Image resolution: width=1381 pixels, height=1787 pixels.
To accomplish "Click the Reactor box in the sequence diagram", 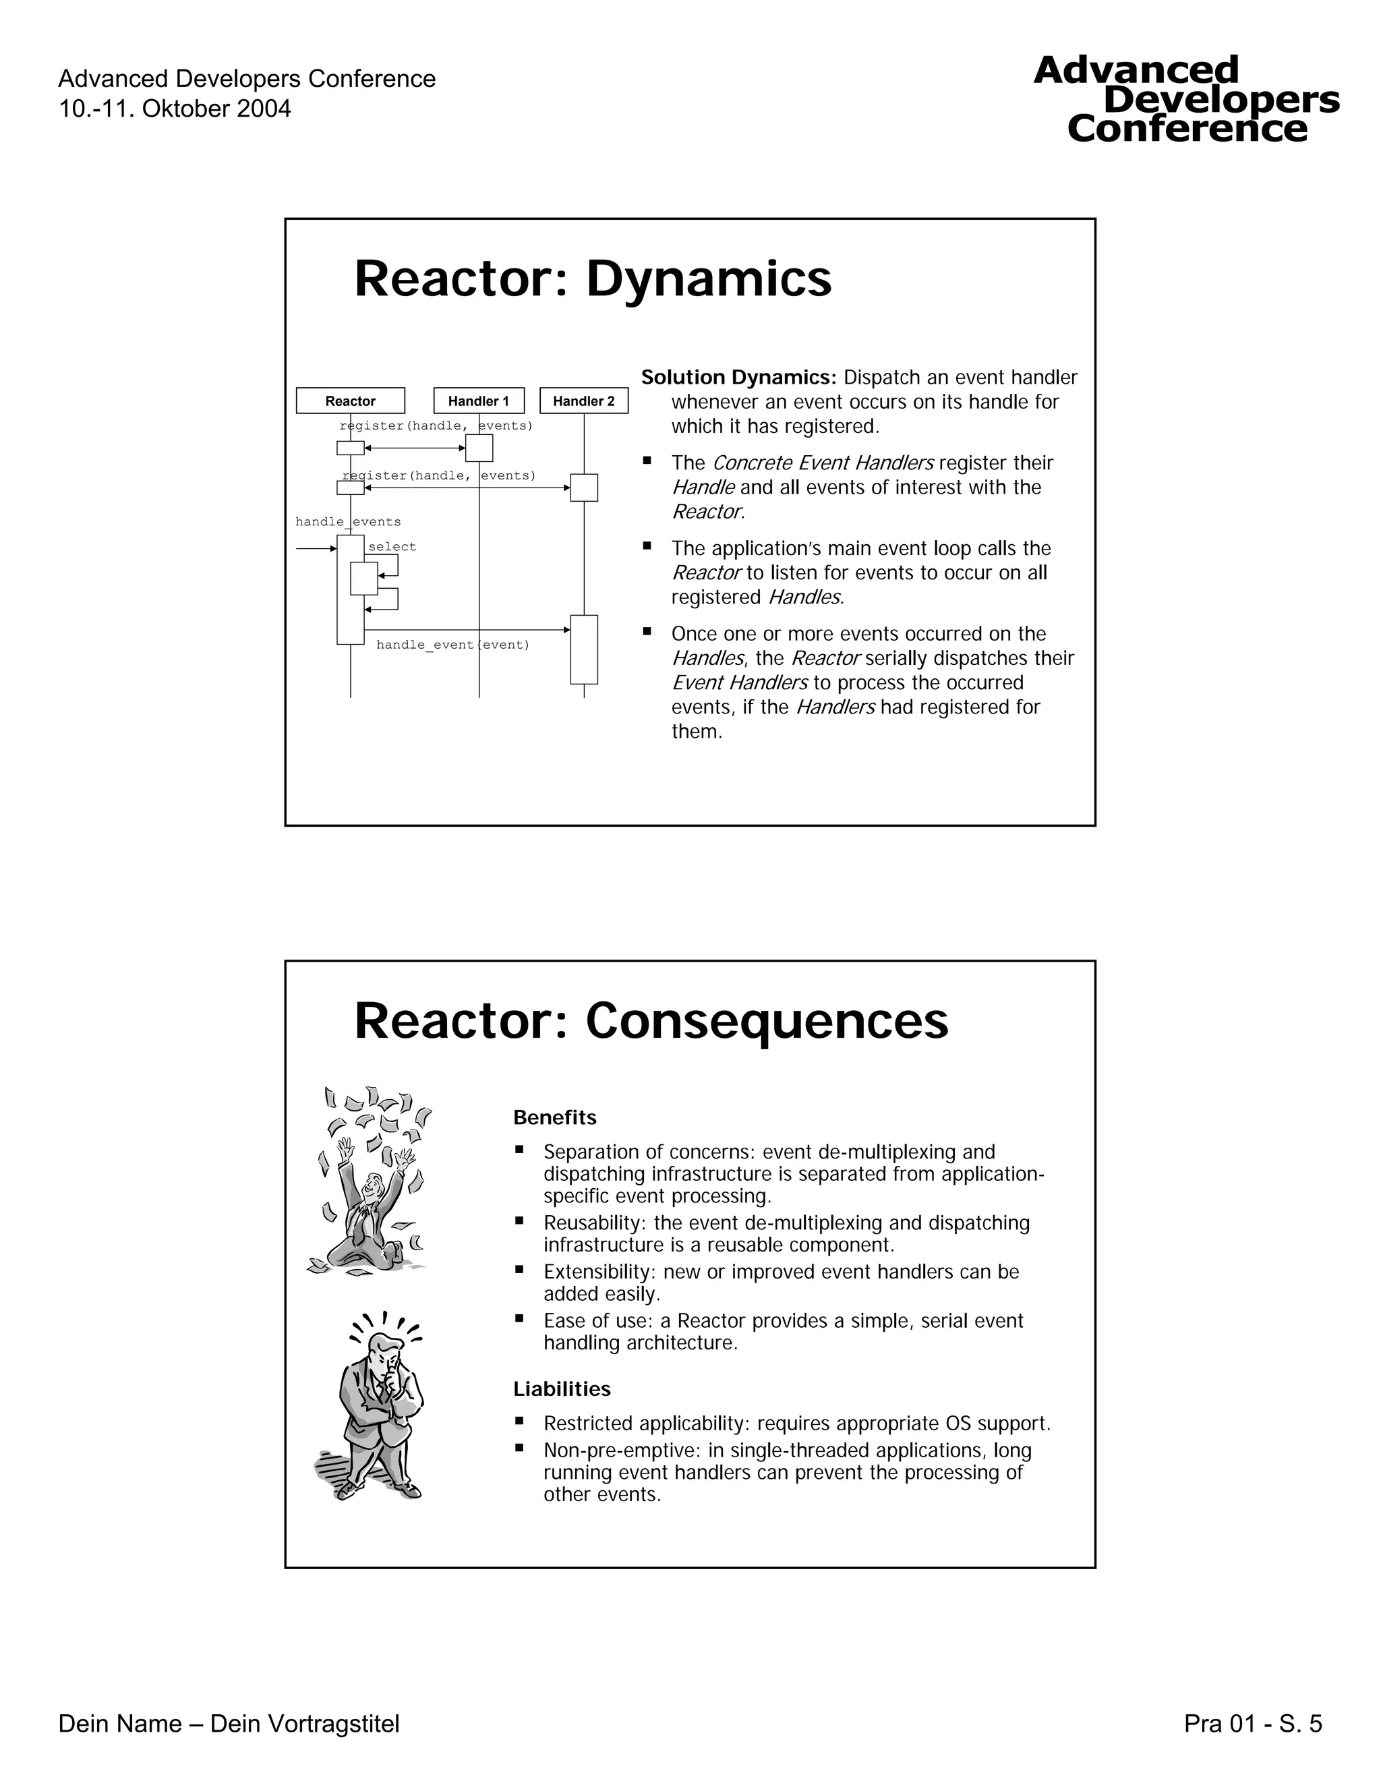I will (x=350, y=401).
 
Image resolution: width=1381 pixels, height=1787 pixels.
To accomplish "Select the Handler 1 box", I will (x=479, y=401).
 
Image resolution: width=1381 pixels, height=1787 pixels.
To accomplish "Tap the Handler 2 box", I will (x=583, y=401).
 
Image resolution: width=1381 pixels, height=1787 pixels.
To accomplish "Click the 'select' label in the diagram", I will (x=392, y=547).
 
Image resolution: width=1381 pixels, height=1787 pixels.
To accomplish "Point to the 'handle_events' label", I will (x=348, y=522).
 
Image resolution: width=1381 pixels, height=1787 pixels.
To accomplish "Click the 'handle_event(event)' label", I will (x=452, y=645).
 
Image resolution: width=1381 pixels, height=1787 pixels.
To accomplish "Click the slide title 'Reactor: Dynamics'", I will (x=592, y=279).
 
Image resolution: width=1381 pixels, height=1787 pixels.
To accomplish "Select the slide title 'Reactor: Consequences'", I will (x=651, y=1020).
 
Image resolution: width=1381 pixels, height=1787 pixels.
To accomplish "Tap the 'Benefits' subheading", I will (x=555, y=1117).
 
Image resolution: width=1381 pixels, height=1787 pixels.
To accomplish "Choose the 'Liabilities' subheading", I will (x=562, y=1388).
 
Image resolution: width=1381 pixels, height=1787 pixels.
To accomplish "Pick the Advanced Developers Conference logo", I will (x=1186, y=100).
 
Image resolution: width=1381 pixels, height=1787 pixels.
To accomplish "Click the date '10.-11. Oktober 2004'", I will (x=174, y=109).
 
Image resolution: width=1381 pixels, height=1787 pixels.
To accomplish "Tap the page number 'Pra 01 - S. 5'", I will (x=1253, y=1724).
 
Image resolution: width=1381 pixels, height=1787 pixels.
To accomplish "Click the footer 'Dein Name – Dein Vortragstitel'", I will (x=229, y=1724).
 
